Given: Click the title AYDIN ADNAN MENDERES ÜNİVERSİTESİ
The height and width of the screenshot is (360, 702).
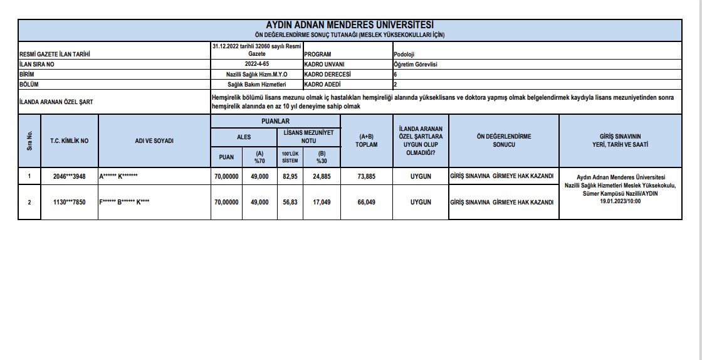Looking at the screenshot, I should click(350, 24).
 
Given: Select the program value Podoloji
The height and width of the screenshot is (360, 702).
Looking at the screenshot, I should click(405, 54).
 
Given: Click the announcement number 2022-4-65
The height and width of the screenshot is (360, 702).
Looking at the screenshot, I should click(257, 64).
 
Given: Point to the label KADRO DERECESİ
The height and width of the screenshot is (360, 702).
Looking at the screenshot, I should click(327, 74).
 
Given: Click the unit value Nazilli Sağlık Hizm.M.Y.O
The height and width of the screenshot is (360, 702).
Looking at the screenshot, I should click(257, 74).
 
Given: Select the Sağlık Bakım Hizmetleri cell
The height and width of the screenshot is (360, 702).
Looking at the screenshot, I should click(257, 83).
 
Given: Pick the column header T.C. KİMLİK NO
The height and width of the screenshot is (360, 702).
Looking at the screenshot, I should click(70, 141).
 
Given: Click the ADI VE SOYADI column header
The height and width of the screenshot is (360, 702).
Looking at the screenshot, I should click(154, 141).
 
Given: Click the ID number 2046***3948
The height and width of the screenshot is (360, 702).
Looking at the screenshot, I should click(70, 177).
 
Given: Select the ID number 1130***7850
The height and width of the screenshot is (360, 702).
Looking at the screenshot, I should click(70, 202).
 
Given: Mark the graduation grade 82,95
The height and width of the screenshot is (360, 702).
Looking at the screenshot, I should click(290, 177).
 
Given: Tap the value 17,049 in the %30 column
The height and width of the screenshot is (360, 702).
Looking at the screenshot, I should click(322, 202).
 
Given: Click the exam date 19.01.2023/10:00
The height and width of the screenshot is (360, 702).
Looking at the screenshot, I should click(620, 202).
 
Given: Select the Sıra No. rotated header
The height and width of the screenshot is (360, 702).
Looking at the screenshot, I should click(29, 141).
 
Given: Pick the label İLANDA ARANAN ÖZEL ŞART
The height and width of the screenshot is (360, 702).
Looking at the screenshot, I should click(56, 102).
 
